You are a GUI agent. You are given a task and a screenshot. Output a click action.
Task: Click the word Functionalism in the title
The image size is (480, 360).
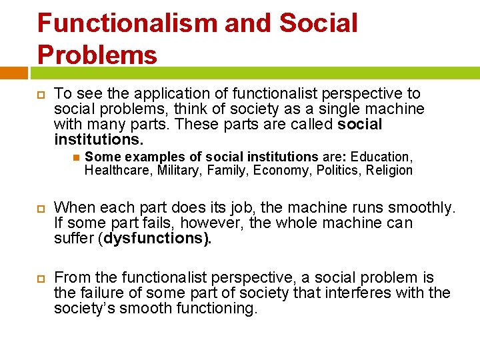127,23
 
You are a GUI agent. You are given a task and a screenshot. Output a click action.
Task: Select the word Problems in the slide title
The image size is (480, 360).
97,54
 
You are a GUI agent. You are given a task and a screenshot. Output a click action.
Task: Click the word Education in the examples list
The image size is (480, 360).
381,157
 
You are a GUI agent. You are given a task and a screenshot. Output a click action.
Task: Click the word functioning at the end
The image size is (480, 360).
216,308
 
